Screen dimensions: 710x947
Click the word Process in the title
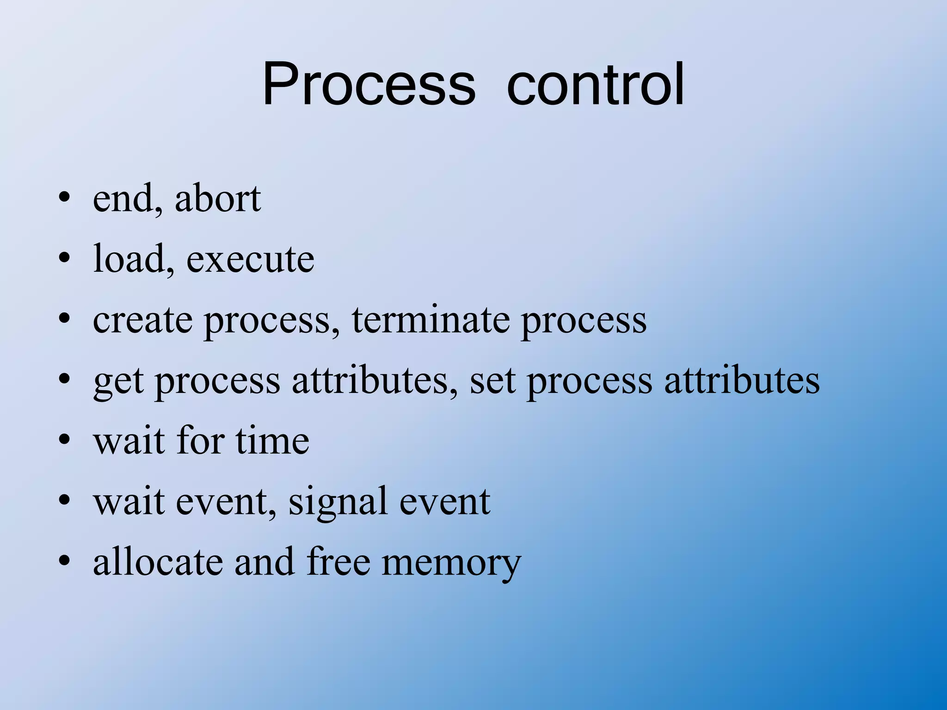(x=369, y=84)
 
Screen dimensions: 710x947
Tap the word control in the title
(x=595, y=84)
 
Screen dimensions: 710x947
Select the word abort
(x=218, y=199)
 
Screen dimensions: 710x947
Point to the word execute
(x=250, y=260)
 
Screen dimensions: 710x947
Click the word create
(x=142, y=320)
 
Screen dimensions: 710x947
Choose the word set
(x=492, y=381)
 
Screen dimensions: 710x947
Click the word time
(x=272, y=441)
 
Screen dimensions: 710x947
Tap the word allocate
(x=157, y=562)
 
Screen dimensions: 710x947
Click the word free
(x=338, y=562)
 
